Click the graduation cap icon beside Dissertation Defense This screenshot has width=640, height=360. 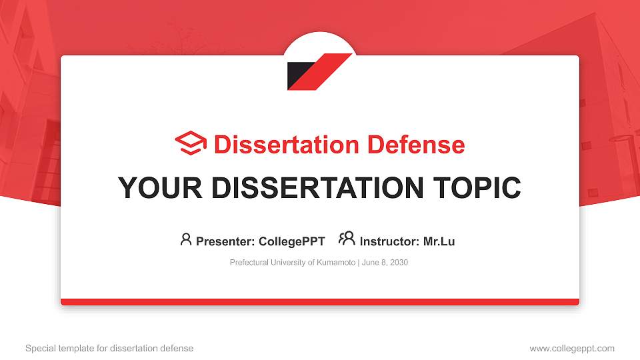191,143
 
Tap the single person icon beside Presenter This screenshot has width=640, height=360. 186,239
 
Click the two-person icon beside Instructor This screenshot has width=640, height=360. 347,239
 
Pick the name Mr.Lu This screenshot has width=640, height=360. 439,241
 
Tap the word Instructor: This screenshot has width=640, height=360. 389,241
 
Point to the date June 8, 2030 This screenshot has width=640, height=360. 385,263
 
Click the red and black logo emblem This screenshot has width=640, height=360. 319,71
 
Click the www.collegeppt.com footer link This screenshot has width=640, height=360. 572,348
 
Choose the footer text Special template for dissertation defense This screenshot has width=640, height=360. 109,348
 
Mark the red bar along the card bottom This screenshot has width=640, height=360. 320,302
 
